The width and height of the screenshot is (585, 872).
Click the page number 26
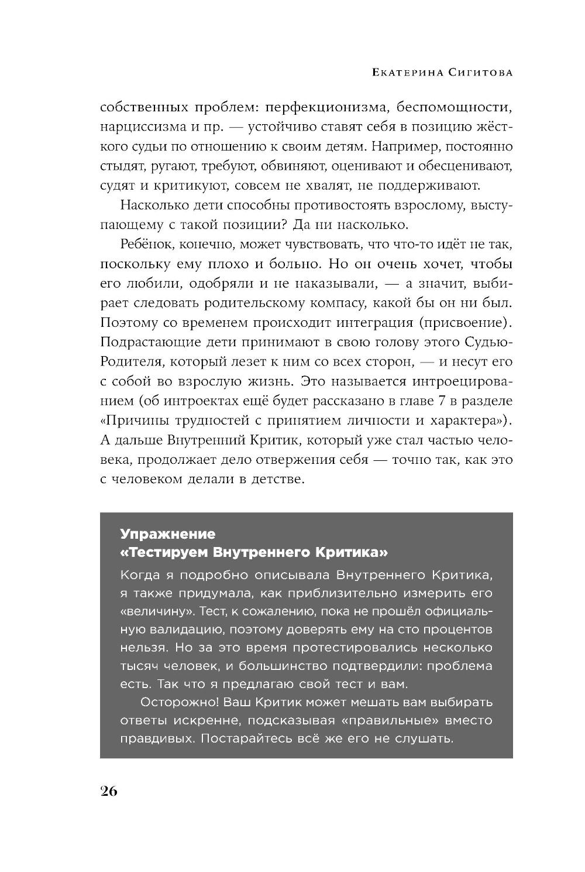coord(109,791)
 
